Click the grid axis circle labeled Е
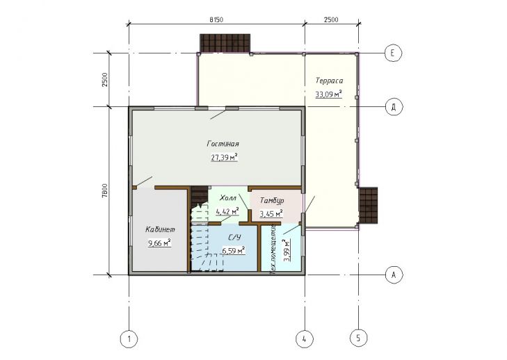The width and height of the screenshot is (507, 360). tap(393, 53)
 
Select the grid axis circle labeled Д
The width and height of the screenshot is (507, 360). tap(394, 107)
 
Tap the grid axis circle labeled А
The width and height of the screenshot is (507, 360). tap(394, 275)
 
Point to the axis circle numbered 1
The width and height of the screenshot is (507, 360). tap(129, 339)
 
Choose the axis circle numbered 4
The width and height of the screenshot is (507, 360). tap(305, 339)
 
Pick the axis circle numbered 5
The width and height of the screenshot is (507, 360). tap(358, 338)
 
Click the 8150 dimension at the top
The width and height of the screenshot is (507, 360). tap(216, 19)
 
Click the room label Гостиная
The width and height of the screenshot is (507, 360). tap(223, 143)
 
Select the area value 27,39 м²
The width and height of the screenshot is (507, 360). tap(225, 157)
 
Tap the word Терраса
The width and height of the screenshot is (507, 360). tap(329, 81)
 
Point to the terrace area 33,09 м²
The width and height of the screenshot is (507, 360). tap(328, 95)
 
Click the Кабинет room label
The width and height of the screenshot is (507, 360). tap(160, 230)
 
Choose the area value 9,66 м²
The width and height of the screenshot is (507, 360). tap(159, 243)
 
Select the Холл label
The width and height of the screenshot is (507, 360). tap(228, 198)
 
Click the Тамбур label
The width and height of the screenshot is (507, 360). tap(272, 201)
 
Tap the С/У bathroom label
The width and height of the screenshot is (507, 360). tap(235, 238)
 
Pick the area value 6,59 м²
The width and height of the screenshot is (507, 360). tap(233, 250)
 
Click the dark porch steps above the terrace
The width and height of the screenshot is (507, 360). tap(225, 43)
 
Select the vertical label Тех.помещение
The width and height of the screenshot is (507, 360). tap(273, 249)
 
